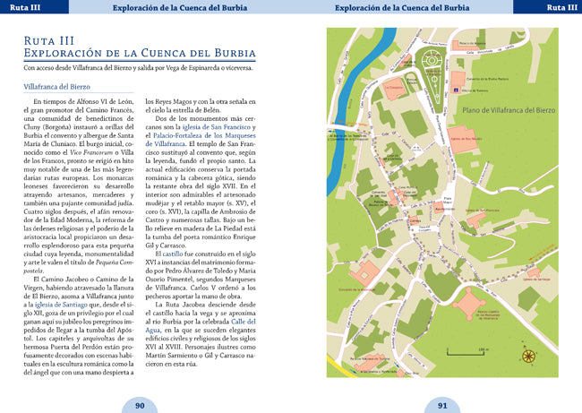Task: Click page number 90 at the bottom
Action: click(x=140, y=405)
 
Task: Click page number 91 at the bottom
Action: click(x=442, y=405)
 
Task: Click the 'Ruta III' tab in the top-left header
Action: click(x=21, y=8)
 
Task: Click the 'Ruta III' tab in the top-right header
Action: click(x=561, y=8)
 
